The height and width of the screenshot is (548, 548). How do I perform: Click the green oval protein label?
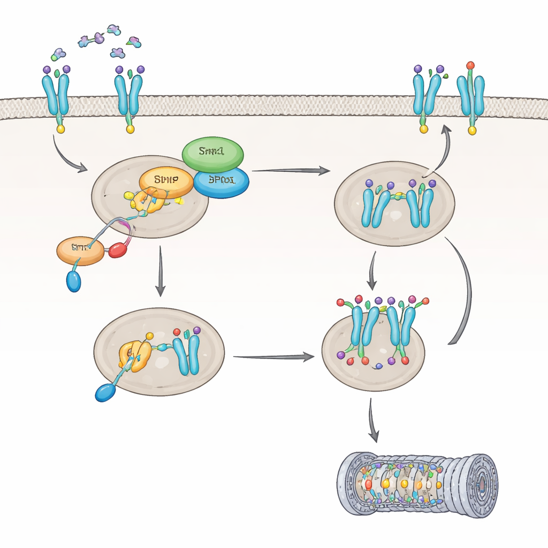(x=213, y=152)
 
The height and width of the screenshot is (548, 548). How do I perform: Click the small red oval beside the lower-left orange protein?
(x=118, y=250)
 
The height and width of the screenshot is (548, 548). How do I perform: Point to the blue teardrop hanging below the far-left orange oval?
(x=74, y=280)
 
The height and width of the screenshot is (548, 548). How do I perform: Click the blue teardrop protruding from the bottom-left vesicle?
(x=105, y=392)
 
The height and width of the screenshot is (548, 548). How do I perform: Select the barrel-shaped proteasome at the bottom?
(x=417, y=484)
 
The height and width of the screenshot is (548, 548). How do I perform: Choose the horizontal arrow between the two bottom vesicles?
(x=273, y=356)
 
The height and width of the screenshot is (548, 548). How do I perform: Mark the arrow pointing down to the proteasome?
(x=373, y=421)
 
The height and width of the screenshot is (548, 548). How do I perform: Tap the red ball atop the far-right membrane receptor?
(x=470, y=65)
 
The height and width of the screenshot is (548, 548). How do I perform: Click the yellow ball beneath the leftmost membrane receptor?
(x=60, y=129)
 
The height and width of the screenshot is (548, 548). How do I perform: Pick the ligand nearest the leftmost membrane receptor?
(x=58, y=54)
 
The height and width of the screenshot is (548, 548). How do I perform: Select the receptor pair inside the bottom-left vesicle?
(x=187, y=354)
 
